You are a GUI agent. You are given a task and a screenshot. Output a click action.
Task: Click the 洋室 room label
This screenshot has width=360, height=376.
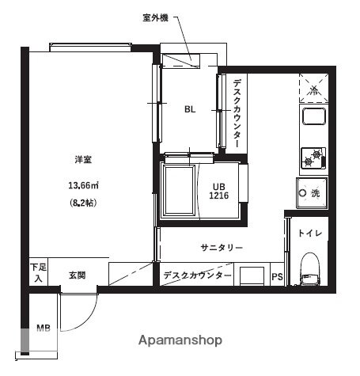[83, 160]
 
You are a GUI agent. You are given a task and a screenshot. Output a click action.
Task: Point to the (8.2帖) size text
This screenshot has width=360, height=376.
[83, 203]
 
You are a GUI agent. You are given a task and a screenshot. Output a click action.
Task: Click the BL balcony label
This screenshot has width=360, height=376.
[190, 110]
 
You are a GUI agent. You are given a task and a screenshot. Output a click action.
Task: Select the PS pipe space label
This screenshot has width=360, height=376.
[276, 276]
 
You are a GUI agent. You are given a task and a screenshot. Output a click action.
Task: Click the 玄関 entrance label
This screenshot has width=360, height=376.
[77, 275]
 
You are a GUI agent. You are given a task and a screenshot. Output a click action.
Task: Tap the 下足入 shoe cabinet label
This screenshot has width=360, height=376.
[36, 273]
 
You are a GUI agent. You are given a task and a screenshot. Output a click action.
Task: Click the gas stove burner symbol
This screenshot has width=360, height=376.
[309, 158]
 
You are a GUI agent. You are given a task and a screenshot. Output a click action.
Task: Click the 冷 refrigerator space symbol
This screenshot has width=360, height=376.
[311, 89]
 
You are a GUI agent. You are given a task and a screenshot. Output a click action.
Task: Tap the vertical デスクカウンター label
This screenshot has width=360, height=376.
[236, 112]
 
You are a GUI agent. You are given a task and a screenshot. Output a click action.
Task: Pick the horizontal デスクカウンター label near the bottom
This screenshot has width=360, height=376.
[197, 275]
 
